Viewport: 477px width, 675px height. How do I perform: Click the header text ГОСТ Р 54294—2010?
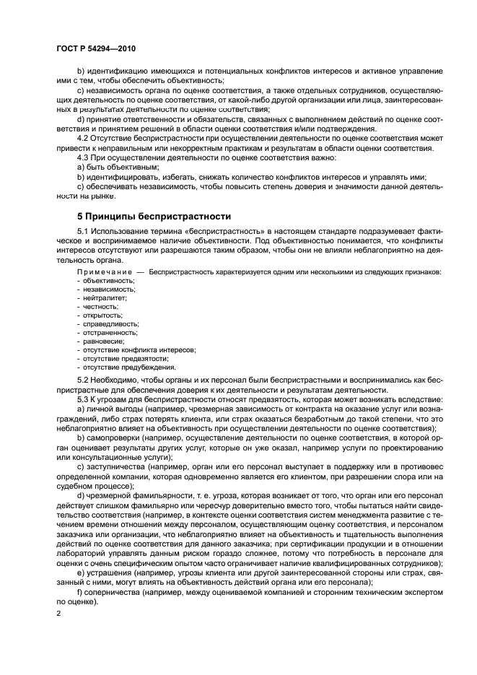(x=95, y=48)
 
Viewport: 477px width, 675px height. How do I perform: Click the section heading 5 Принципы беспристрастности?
(x=154, y=216)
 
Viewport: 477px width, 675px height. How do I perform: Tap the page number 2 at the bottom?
(x=58, y=613)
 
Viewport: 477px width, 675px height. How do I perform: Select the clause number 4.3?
(x=84, y=157)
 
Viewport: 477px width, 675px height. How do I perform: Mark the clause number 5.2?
(x=84, y=380)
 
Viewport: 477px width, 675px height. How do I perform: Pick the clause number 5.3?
(x=84, y=399)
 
